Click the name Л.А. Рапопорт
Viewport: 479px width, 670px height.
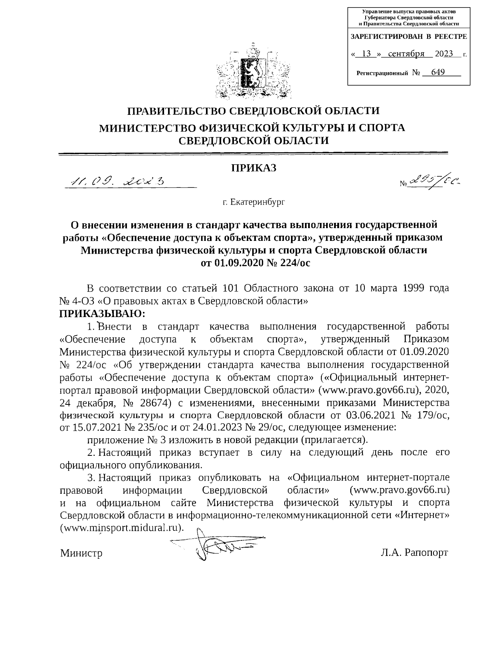(414, 553)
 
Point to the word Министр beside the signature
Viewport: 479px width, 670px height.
(81, 554)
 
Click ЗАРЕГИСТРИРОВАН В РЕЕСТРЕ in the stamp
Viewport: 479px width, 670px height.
(408, 37)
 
